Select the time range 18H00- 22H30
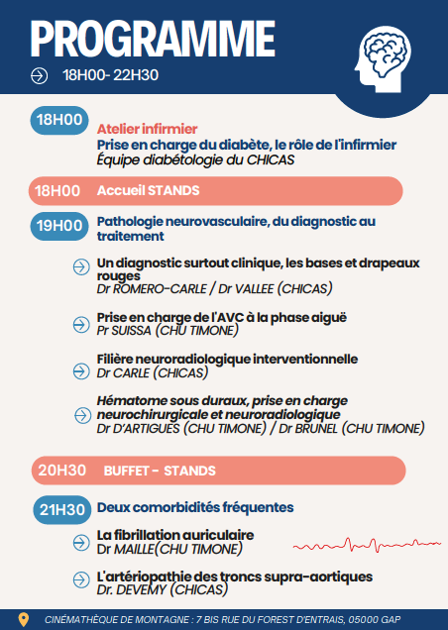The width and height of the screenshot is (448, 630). pyautogui.click(x=111, y=74)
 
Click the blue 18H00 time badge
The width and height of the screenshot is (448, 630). pyautogui.click(x=58, y=121)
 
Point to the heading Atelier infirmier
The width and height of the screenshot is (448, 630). pyautogui.click(x=148, y=129)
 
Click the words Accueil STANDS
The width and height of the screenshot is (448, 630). pyautogui.click(x=149, y=190)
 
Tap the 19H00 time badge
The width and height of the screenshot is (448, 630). pyautogui.click(x=58, y=226)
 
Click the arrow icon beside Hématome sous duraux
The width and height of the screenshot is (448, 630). pyautogui.click(x=81, y=407)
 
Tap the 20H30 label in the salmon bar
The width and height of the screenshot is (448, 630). pyautogui.click(x=58, y=470)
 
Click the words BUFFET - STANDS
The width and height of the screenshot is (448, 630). pyautogui.click(x=160, y=470)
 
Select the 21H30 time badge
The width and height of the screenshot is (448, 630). pyautogui.click(x=58, y=508)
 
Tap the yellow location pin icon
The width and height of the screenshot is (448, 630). pyautogui.click(x=24, y=619)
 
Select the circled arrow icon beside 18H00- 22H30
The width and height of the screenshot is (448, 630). pyautogui.click(x=39, y=74)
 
